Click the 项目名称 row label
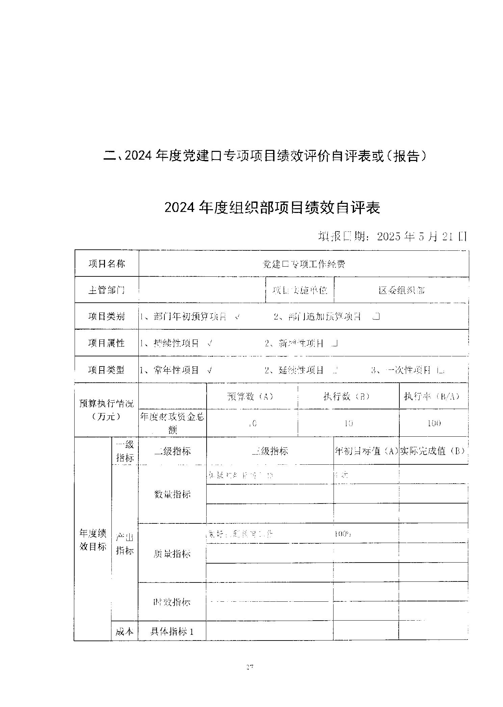click(106, 264)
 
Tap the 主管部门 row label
click(106, 290)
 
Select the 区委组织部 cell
click(401, 290)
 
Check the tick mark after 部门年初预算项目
click(237, 317)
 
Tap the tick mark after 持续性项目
click(210, 344)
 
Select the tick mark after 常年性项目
click(210, 370)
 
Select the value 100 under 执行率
click(434, 423)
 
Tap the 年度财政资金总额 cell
click(172, 423)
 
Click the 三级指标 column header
click(270, 451)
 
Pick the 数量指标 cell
click(172, 494)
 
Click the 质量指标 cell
click(172, 553)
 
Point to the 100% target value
click(343, 534)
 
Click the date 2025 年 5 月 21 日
click(422, 237)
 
